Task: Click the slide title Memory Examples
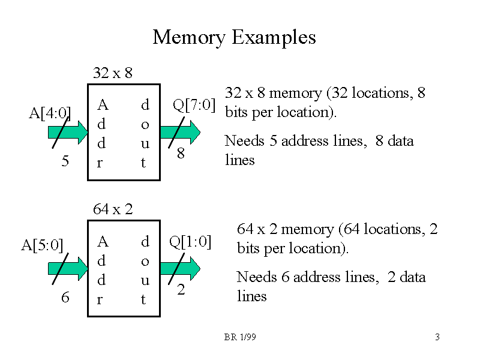click(234, 37)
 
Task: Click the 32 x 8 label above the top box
click(113, 73)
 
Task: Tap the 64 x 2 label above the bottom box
click(113, 209)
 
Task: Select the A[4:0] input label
click(50, 113)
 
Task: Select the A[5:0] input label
click(42, 245)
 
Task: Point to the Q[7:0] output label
click(194, 105)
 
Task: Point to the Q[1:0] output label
click(190, 242)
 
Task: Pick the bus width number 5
click(65, 161)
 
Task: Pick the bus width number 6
click(65, 297)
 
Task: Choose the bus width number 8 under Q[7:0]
click(180, 154)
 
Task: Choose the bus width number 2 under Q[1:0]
click(180, 290)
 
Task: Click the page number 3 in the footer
click(437, 337)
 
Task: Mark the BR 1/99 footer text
click(240, 338)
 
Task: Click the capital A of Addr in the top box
click(103, 106)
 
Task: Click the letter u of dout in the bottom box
click(145, 280)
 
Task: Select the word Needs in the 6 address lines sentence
click(255, 277)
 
